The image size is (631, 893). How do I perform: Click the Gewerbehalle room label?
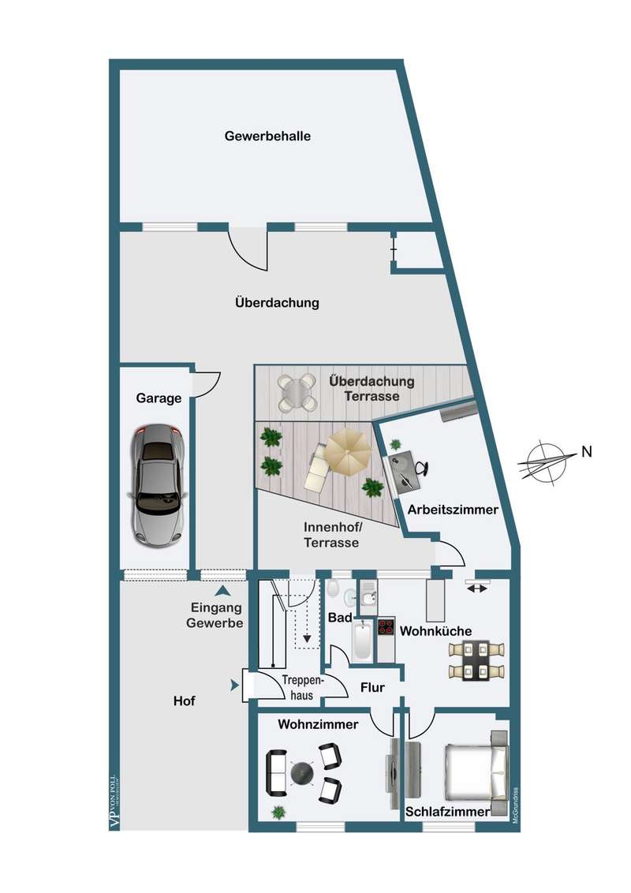(x=267, y=136)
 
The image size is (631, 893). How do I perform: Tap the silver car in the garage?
(x=158, y=486)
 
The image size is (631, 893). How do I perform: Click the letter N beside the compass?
(x=586, y=452)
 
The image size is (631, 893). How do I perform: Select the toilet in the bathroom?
(x=334, y=589)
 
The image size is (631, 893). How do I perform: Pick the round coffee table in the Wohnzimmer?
(x=302, y=774)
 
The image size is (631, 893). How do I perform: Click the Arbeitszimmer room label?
(x=453, y=510)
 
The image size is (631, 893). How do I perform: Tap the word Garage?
(x=159, y=398)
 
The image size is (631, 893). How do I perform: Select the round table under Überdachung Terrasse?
(x=297, y=392)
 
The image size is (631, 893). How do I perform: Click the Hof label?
(x=184, y=701)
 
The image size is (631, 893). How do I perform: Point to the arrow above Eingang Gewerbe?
(x=224, y=590)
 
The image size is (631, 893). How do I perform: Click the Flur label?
(x=372, y=687)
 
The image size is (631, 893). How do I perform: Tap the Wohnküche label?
(x=436, y=631)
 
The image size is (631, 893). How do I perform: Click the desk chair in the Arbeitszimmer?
(x=420, y=467)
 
